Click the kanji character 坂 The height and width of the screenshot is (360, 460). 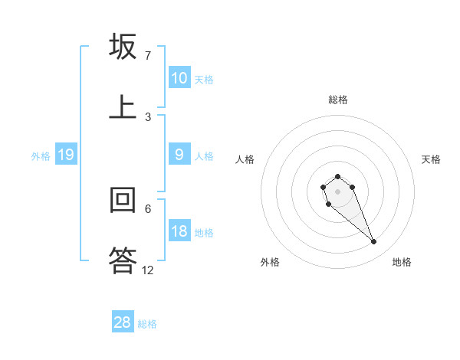123,47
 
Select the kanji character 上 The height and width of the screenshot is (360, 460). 123,106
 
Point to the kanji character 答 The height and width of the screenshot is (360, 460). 123,259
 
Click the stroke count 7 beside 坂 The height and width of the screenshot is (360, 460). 148,56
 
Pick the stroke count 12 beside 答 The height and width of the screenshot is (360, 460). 148,270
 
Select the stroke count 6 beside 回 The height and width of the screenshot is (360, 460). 148,208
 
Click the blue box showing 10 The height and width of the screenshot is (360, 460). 179,78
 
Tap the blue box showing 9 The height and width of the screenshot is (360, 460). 179,155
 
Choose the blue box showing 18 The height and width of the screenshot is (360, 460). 179,231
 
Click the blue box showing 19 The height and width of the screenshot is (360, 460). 66,155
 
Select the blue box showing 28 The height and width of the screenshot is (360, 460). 123,322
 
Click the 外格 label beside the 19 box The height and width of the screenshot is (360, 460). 41,156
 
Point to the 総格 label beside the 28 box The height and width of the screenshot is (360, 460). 147,324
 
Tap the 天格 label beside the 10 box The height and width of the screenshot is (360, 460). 204,80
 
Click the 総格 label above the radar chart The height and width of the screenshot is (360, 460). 338,100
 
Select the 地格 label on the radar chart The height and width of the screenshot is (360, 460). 402,262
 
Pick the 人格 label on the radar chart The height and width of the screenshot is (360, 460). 245,159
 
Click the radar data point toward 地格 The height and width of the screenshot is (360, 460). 373,242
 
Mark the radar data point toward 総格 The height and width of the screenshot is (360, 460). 338,176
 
